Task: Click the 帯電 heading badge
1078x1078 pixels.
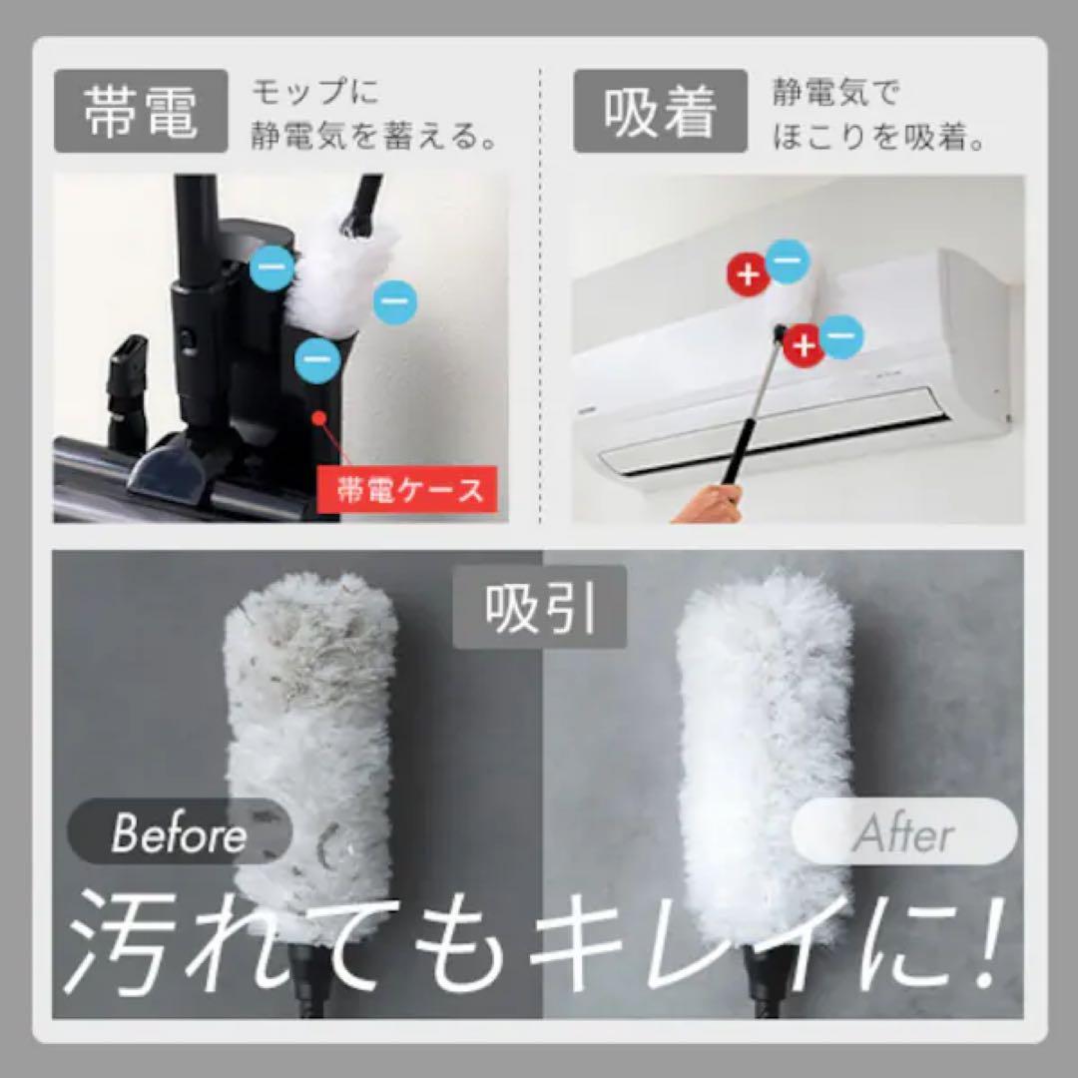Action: tap(141, 112)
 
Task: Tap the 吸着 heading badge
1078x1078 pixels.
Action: tap(660, 112)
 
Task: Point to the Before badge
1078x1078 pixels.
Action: tap(179, 833)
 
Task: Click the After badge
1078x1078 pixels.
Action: tap(903, 833)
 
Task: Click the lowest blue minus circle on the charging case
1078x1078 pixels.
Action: tap(316, 356)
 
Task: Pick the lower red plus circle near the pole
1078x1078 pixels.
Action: tap(804, 346)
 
